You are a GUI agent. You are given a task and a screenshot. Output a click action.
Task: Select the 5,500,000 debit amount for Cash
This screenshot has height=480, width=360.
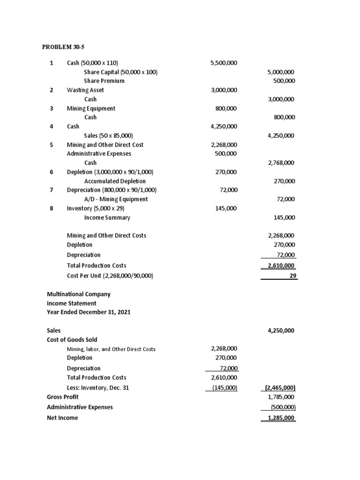[224, 63]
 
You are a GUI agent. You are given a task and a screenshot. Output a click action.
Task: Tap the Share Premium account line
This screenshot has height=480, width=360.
[104, 81]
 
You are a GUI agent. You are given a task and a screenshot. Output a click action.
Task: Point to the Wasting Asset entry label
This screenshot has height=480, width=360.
[85, 90]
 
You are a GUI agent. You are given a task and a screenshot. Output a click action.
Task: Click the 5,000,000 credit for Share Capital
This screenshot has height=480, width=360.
[280, 72]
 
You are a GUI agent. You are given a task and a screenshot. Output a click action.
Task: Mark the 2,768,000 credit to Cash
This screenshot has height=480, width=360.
[280, 163]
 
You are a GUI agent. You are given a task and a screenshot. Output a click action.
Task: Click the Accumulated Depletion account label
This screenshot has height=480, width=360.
[115, 181]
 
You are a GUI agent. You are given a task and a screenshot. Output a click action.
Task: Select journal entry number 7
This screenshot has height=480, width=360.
[52, 190]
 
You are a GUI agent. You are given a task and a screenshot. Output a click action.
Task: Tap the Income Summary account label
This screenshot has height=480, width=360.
[107, 217]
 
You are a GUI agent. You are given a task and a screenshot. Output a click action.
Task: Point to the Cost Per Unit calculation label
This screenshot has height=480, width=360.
[110, 276]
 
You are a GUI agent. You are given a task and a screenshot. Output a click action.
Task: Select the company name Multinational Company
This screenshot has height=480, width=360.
[79, 294]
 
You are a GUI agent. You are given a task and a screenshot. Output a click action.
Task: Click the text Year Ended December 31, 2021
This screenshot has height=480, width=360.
[89, 312]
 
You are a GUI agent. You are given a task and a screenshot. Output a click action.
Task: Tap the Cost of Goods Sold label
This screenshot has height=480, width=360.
[72, 339]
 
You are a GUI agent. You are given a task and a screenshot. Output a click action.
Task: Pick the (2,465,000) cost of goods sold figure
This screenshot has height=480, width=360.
[280, 388]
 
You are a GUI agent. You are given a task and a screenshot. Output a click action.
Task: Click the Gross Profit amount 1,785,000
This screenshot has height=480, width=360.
[281, 397]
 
